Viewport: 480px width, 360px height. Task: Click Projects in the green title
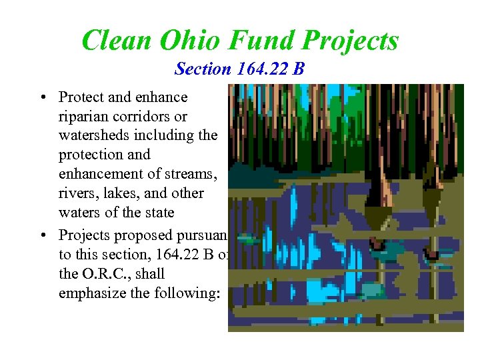(x=350, y=40)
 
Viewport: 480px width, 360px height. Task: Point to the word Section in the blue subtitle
(x=201, y=69)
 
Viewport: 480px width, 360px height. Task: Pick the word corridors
(x=141, y=117)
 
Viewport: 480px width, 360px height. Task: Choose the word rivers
(x=77, y=193)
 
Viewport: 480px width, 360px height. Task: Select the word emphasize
(x=90, y=293)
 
